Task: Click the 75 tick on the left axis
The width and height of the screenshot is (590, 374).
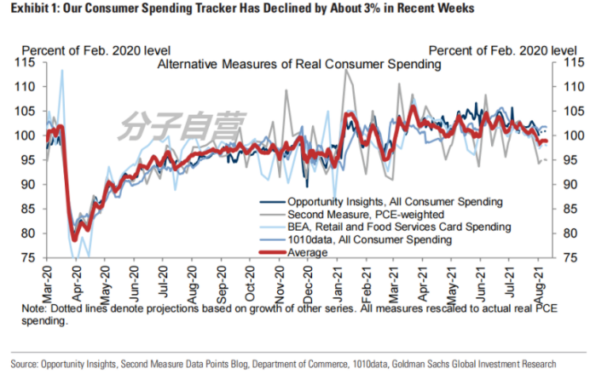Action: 29,258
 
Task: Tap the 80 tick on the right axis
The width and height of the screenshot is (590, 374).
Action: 566,233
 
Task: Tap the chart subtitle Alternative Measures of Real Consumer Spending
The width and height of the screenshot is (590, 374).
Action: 298,64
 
